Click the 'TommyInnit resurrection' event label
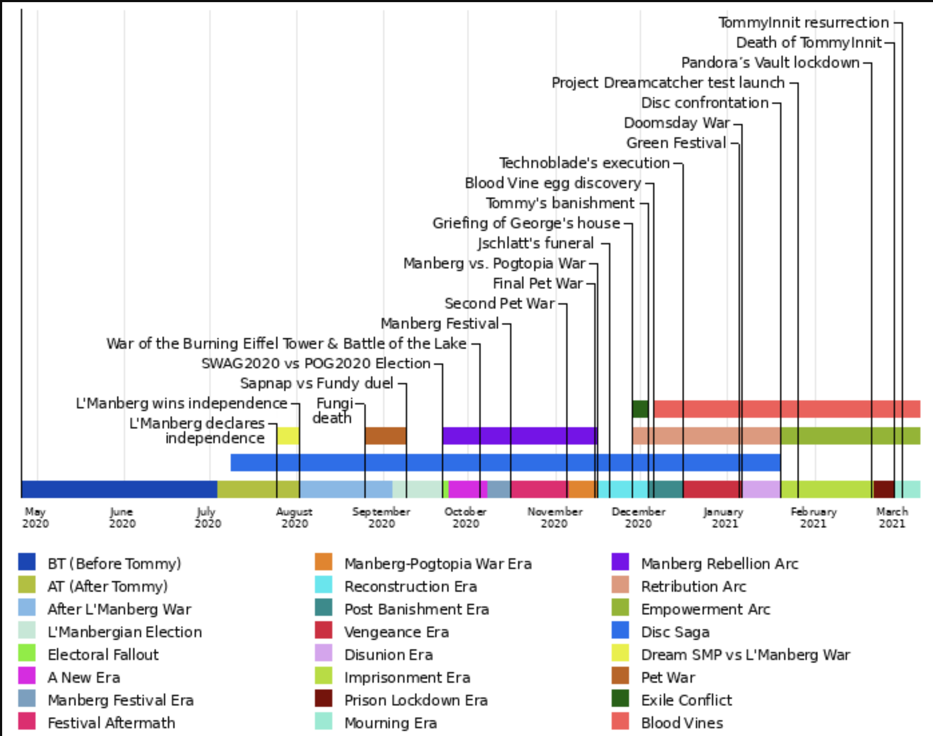click(803, 22)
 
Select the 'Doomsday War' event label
click(676, 123)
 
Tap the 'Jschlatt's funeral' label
click(535, 244)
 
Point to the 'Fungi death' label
click(334, 411)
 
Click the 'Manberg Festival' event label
click(439, 324)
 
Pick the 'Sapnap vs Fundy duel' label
click(317, 384)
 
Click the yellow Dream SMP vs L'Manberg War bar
click(288, 436)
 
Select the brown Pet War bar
click(385, 436)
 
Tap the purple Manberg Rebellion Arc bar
click(519, 436)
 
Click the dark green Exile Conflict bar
click(640, 409)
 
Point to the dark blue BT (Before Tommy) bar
click(119, 489)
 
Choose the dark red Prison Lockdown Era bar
click(883, 489)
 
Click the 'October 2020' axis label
click(466, 518)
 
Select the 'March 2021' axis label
click(892, 518)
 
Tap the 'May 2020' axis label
click(35, 518)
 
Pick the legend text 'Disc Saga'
click(675, 632)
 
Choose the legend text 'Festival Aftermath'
click(111, 723)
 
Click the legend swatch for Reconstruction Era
click(323, 585)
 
